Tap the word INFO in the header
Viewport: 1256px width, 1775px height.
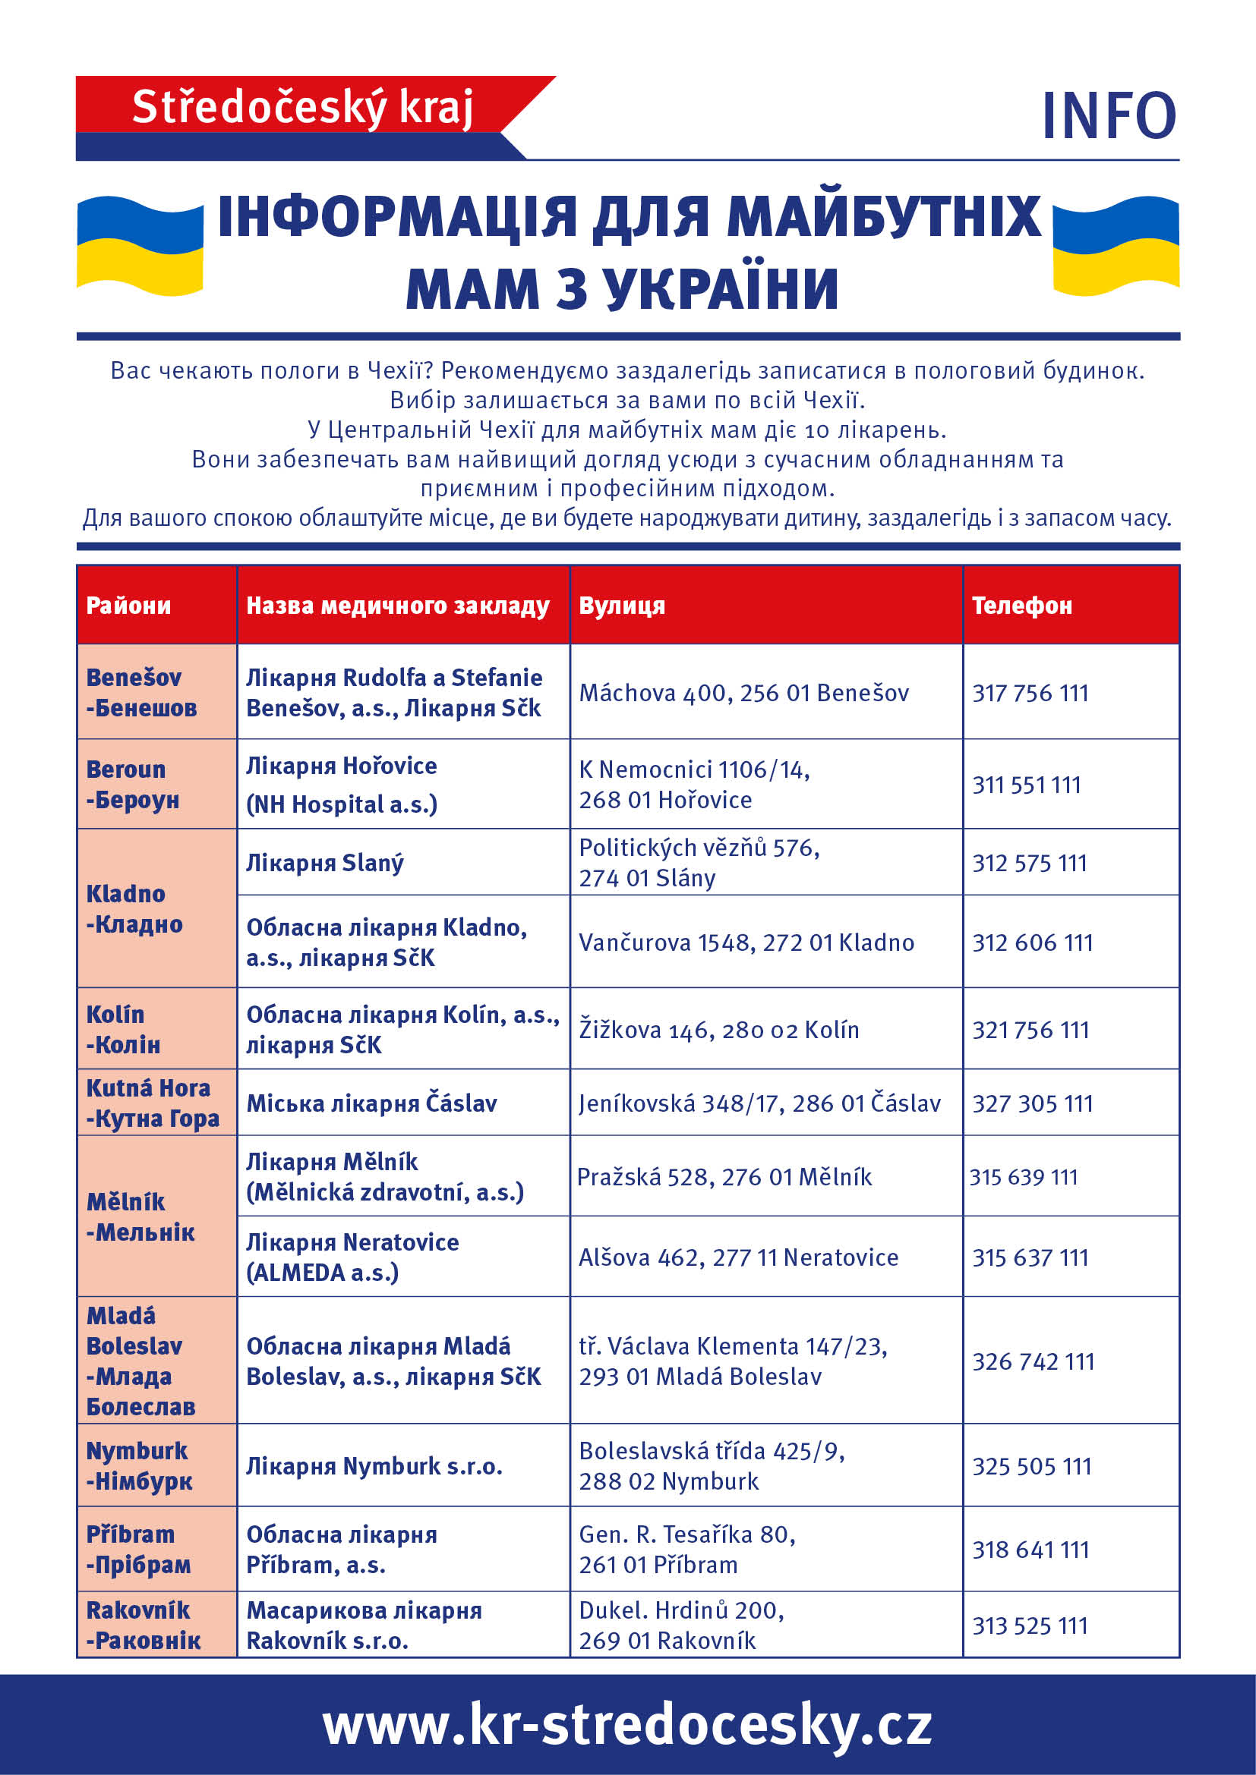[x=1108, y=116]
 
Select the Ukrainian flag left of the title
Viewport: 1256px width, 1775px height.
[x=140, y=246]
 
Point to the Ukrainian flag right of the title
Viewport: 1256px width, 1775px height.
[x=1116, y=246]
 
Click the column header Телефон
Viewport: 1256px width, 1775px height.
[x=1021, y=606]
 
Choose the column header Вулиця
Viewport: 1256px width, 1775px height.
[x=622, y=606]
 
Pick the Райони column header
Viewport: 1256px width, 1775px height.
[x=128, y=606]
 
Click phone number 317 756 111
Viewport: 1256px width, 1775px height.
[x=1030, y=693]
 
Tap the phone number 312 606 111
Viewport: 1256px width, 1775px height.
[x=1033, y=943]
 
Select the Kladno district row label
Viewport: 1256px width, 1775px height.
[x=134, y=908]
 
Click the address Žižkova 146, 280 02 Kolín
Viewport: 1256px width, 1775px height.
[x=719, y=1030]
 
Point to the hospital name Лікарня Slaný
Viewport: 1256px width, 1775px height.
[x=325, y=863]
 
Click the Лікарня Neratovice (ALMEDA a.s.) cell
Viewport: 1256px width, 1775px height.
[x=352, y=1257]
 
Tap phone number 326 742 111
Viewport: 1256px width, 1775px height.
[x=1034, y=1361]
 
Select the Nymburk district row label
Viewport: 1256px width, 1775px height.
[x=138, y=1466]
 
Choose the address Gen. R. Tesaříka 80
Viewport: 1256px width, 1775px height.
[x=686, y=1534]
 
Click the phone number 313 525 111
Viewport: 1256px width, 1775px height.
[x=1030, y=1626]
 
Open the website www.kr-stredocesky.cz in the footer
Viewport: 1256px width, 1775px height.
[x=627, y=1725]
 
